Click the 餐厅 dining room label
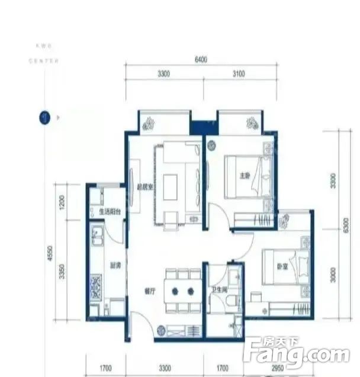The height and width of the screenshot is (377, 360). pos(150,291)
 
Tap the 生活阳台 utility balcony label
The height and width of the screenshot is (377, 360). pos(110,211)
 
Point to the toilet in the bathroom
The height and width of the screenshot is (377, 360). pos(232,302)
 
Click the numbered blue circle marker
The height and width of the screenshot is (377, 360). pos(43,117)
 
